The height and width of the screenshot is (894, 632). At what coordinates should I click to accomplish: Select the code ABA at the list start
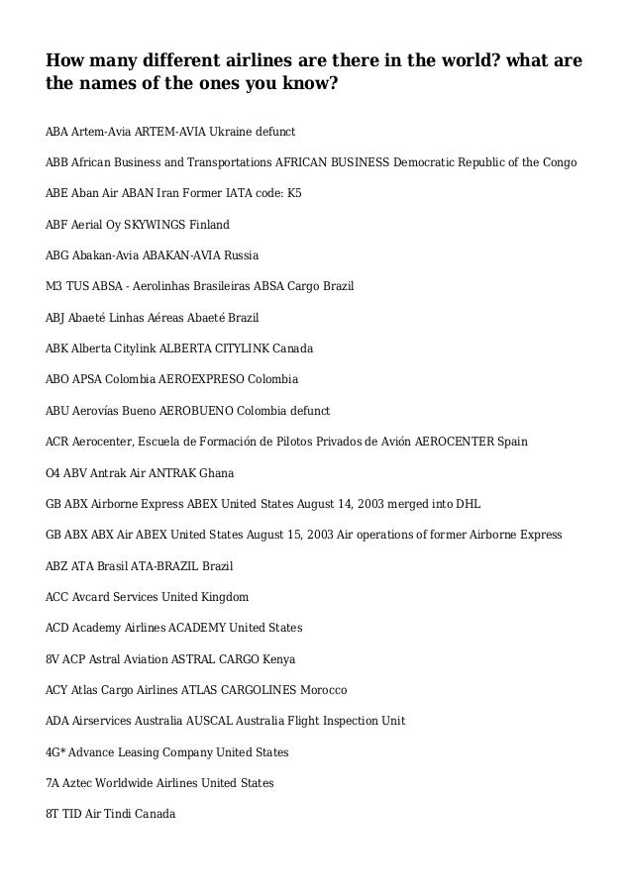tap(58, 132)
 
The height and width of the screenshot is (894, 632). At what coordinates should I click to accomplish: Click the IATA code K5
tap(293, 194)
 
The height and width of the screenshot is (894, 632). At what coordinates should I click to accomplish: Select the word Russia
tap(242, 255)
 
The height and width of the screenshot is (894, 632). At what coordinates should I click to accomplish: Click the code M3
tap(55, 287)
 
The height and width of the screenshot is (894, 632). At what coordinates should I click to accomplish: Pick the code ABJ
tap(57, 318)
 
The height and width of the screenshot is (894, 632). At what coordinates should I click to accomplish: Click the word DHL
tap(468, 504)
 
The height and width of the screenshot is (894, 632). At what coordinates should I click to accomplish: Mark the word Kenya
tap(278, 659)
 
